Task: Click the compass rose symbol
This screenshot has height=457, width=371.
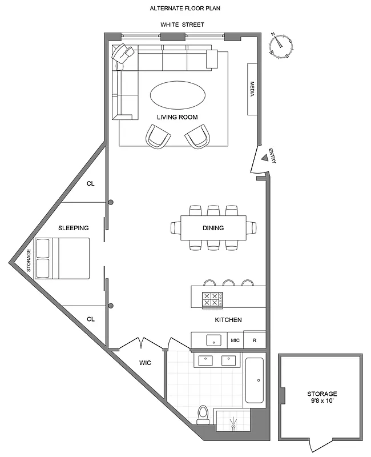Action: click(x=281, y=45)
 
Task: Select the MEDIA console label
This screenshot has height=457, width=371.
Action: click(x=252, y=89)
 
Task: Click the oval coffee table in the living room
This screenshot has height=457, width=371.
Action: click(x=178, y=94)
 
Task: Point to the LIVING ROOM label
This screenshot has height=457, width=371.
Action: click(x=178, y=117)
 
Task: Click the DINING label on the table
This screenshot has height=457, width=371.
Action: click(x=213, y=228)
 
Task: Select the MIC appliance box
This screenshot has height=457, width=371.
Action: click(x=235, y=339)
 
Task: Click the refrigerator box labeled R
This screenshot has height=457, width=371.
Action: click(x=255, y=339)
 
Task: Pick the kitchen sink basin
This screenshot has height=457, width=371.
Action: click(x=213, y=340)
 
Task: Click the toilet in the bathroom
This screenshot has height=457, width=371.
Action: click(x=203, y=414)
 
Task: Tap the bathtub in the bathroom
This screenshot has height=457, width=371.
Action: click(x=255, y=380)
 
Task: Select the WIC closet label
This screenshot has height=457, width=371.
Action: click(x=145, y=362)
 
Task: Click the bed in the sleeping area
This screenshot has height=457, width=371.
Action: click(x=62, y=258)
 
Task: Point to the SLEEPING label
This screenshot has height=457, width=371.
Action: click(x=74, y=228)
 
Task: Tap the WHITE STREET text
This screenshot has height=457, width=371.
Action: click(x=182, y=25)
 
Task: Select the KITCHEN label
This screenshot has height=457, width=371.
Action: click(x=228, y=320)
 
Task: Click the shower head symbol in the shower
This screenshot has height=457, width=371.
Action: click(x=233, y=423)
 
